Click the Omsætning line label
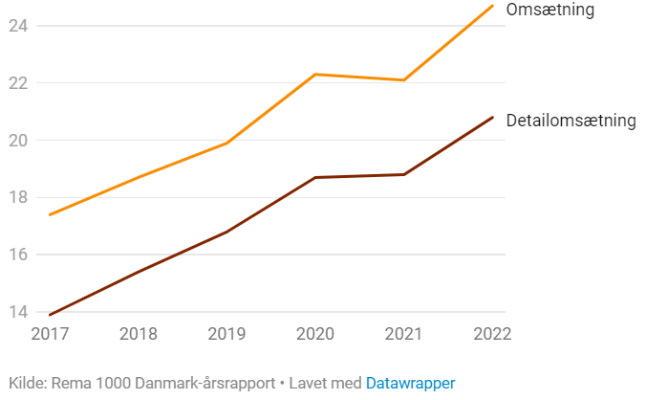click(549, 10)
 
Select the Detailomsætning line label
click(571, 121)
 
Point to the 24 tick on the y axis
click(18, 26)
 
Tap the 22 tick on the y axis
click(18, 83)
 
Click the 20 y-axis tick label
click(18, 141)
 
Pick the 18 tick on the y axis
click(18, 198)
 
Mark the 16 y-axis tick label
click(18, 256)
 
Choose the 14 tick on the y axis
click(18, 312)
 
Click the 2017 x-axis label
click(50, 334)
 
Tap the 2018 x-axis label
click(139, 334)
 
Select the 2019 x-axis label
click(227, 334)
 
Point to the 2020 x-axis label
click(315, 334)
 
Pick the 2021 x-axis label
click(404, 334)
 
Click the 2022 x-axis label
click(492, 334)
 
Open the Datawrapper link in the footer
click(410, 383)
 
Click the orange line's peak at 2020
click(315, 74)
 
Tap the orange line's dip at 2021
click(404, 79)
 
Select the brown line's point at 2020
click(315, 177)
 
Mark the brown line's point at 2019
click(227, 232)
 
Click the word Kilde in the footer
click(26, 383)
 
